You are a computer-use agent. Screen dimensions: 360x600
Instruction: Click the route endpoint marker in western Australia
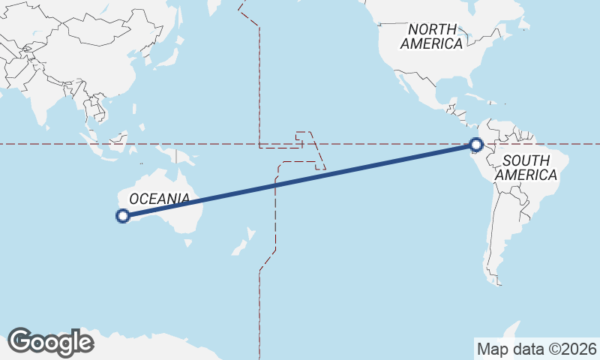click(x=123, y=217)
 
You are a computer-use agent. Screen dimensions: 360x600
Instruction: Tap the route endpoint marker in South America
click(x=475, y=145)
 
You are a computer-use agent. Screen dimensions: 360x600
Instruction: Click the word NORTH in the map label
click(x=431, y=29)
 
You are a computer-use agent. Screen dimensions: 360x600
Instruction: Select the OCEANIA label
click(x=159, y=199)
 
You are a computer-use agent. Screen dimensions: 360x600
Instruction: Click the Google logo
click(x=51, y=342)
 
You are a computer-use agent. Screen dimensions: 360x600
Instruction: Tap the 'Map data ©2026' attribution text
click(x=537, y=349)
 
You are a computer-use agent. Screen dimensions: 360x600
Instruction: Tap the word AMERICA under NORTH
click(x=431, y=43)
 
